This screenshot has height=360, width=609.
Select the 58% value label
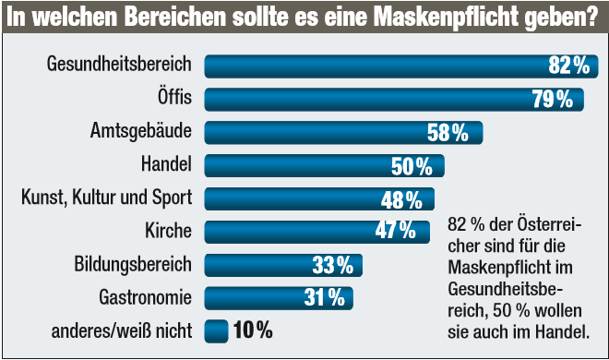[448, 132]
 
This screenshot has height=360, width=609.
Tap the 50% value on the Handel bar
[411, 165]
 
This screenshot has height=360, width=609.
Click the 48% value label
[401, 198]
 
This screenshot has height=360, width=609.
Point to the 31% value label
[324, 297]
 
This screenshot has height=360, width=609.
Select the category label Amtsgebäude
[141, 131]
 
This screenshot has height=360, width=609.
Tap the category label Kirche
[168, 231]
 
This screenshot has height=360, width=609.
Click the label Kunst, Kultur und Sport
[105, 198]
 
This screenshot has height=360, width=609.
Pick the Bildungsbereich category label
[133, 264]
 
